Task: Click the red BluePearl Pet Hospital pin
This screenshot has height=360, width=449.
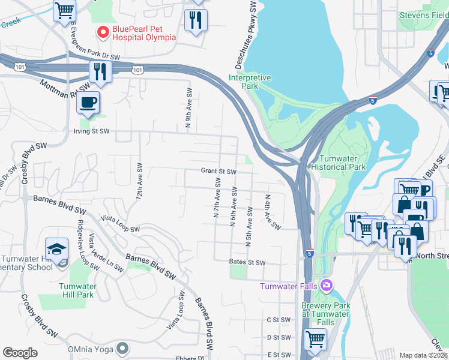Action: [x=102, y=32]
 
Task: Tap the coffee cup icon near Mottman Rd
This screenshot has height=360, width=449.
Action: [x=88, y=102]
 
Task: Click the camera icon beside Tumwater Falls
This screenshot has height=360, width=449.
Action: [x=326, y=285]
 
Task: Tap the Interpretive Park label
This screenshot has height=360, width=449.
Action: [x=250, y=82]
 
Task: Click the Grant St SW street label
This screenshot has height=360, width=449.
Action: [x=218, y=171]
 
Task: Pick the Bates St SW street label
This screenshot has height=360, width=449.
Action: [x=247, y=262]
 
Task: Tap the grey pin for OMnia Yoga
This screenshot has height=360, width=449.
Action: [x=122, y=347]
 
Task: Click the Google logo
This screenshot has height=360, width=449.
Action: [x=20, y=353]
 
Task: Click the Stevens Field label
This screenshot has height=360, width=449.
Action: [x=423, y=14]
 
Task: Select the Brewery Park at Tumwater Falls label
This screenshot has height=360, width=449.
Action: [x=325, y=314]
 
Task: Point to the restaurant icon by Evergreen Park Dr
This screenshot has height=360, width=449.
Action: [x=100, y=71]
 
